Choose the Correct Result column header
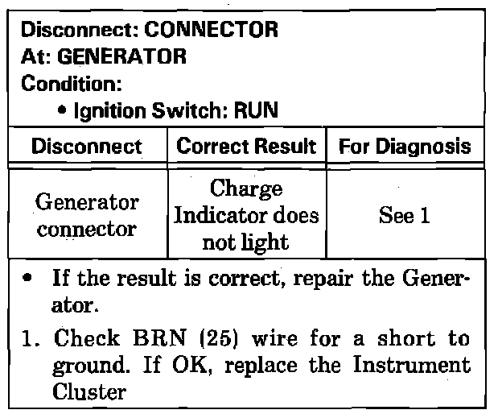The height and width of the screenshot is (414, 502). (245, 147)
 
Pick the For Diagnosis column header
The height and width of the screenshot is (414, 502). (404, 147)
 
